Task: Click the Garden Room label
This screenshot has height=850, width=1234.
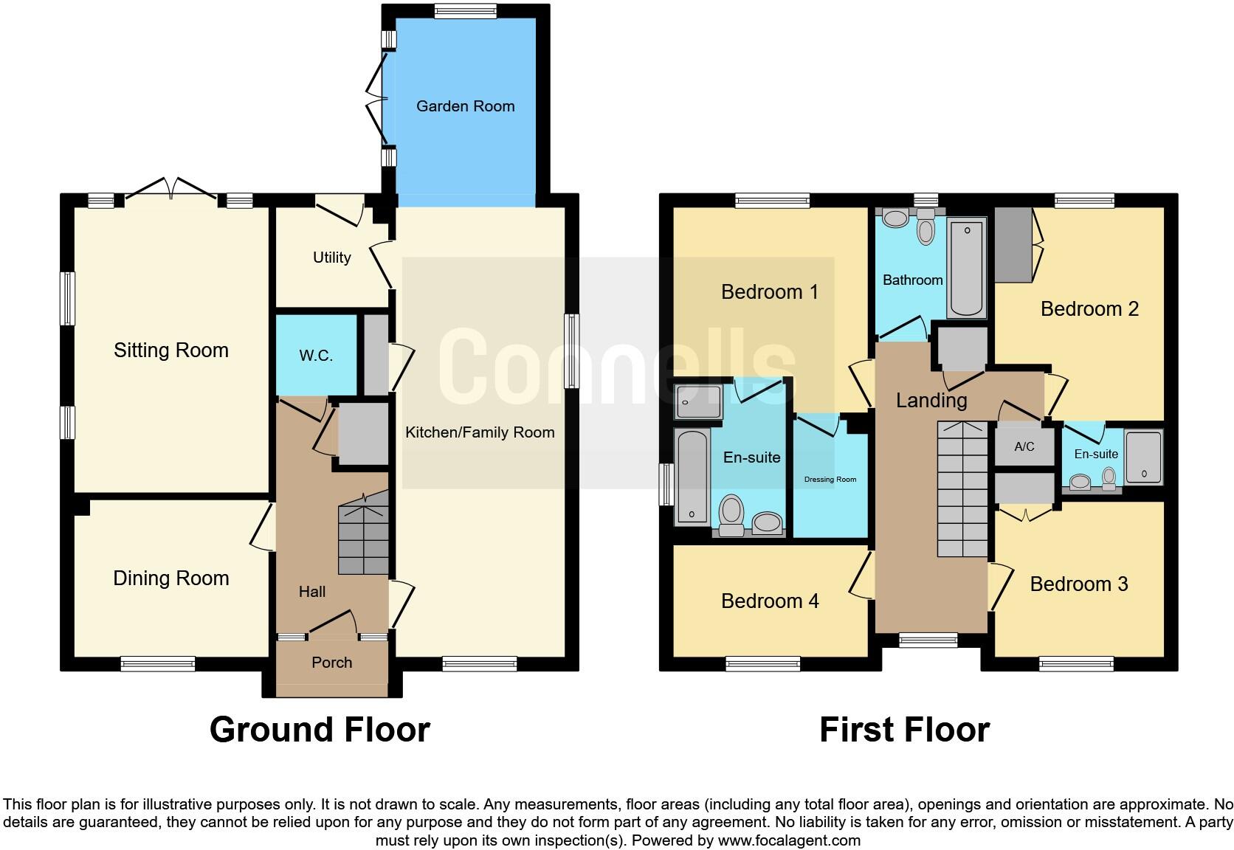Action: tap(465, 106)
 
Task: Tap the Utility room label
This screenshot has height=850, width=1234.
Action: tap(331, 258)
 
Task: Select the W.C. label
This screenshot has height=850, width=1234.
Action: tap(316, 356)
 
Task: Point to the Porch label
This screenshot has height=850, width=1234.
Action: tap(331, 663)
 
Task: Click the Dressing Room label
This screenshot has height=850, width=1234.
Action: tap(830, 480)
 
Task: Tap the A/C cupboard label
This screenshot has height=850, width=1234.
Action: tap(1024, 446)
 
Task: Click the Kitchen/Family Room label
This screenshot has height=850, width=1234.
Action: tap(480, 432)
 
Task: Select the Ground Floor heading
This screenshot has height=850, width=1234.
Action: tap(320, 730)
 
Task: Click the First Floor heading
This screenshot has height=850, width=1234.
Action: tap(904, 730)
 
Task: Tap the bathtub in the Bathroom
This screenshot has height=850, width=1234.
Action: tap(966, 266)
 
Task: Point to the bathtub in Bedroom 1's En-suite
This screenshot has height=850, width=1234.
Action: tap(692, 477)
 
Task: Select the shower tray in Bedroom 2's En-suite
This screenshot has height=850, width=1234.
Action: tap(1144, 457)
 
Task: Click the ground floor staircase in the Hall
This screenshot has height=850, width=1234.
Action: tap(363, 535)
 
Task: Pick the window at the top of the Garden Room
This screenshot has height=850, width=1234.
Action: tap(465, 11)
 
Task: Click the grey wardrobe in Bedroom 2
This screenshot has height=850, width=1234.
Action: tap(1013, 244)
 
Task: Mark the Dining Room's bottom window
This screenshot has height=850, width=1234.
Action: tap(158, 664)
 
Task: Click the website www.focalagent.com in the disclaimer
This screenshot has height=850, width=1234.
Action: tap(789, 840)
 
